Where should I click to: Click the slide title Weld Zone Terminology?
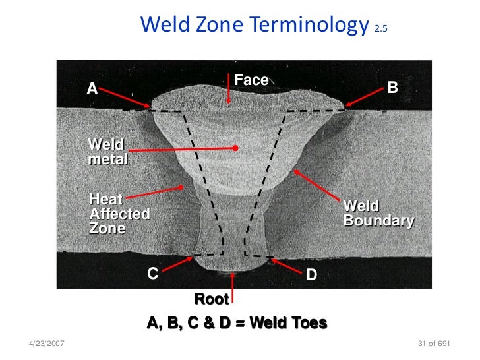255,26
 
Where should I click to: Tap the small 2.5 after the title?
381,29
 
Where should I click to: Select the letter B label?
393,87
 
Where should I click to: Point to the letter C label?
152,274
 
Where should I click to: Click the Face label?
251,80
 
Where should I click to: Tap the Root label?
212,299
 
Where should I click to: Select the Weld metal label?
107,152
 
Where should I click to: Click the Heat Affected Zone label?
119,213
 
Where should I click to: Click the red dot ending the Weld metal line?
235,148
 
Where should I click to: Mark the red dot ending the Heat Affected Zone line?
180,187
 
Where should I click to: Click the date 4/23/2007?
47,345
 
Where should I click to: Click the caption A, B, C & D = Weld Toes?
237,324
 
